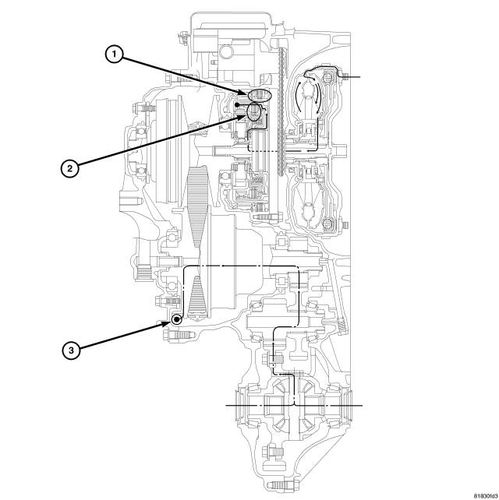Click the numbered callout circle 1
[x=115, y=55]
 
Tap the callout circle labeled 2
[x=70, y=168]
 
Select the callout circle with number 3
[x=71, y=350]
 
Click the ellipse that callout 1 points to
[x=260, y=95]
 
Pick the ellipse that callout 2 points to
[x=254, y=112]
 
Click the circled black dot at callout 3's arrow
[x=176, y=319]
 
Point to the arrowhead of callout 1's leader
[x=244, y=93]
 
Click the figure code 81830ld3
[x=485, y=496]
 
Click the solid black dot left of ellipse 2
[x=237, y=104]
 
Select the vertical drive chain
[x=281, y=111]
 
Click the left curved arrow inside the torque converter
[x=297, y=97]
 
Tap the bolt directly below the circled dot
[x=179, y=336]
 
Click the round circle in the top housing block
[x=226, y=51]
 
